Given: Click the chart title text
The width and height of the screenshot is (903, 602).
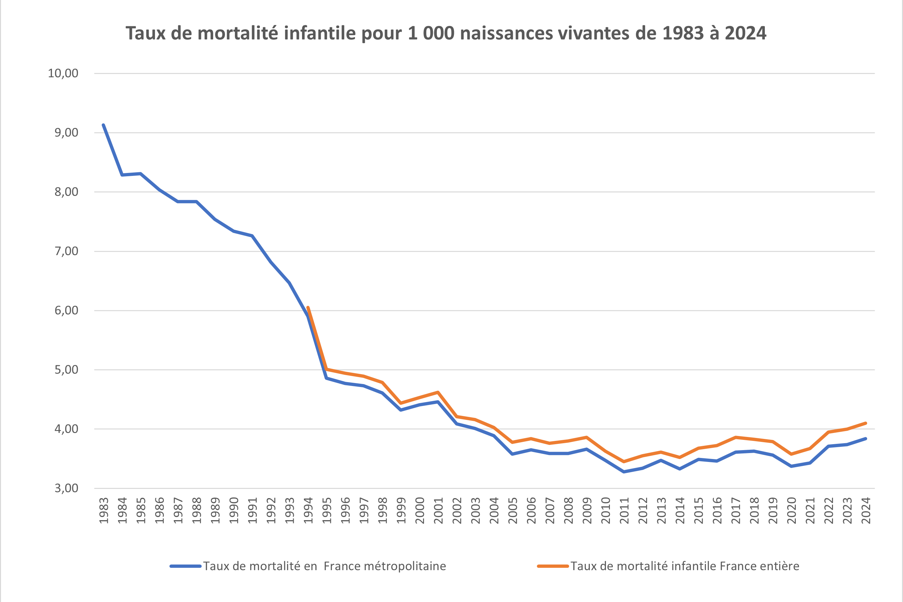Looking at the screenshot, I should [445, 33].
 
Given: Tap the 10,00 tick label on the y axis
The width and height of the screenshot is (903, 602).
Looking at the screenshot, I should [63, 73].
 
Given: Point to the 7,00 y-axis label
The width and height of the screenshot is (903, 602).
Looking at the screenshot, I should [66, 251].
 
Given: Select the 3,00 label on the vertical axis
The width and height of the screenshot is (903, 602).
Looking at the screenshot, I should [66, 488].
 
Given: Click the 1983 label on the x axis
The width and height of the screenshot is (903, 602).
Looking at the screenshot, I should [104, 511].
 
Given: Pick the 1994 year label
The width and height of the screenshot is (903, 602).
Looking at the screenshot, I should [308, 511].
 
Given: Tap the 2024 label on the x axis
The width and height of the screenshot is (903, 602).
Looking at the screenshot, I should [866, 511].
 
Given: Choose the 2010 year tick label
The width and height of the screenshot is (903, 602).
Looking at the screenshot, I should [606, 511].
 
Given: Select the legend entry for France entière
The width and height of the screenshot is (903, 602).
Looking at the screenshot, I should [685, 566].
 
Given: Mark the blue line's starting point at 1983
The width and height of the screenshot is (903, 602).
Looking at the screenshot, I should [104, 125].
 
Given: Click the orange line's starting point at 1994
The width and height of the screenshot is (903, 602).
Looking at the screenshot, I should [308, 307].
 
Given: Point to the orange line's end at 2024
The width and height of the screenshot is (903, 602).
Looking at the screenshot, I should [866, 423].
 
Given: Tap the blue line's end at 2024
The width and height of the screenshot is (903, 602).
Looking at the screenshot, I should [866, 439].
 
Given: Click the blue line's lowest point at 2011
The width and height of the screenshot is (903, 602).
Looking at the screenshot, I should [624, 472].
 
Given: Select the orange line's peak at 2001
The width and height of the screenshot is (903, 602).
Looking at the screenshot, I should [438, 392].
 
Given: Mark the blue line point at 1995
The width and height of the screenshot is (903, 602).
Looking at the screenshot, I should [326, 378].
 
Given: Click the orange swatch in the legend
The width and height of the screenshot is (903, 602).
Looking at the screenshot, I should [553, 566].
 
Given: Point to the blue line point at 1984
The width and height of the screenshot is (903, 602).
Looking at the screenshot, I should [122, 175].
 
